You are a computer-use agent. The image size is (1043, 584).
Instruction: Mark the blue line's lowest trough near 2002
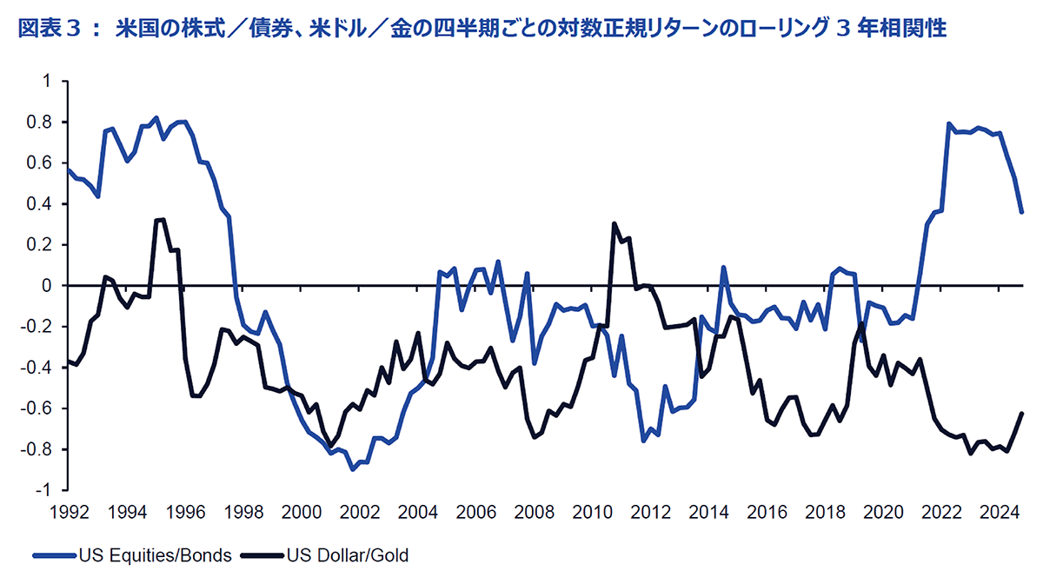[x=352, y=469]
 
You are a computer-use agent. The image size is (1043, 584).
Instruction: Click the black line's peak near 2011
[x=615, y=223]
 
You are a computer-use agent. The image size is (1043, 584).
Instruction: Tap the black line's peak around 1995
[x=163, y=219]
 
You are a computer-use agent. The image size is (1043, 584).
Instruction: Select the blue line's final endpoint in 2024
[x=1022, y=212]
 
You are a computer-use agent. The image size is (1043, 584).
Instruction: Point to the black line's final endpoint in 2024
[x=1022, y=413]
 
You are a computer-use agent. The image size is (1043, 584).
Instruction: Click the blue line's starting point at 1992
[x=68, y=169]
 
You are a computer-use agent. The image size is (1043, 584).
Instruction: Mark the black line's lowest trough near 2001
[x=330, y=447]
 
